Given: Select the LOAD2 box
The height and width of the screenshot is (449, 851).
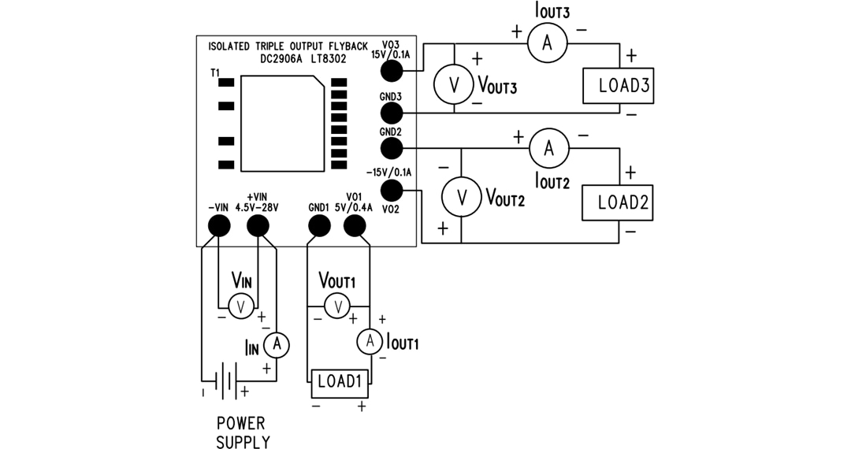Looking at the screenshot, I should [617, 202].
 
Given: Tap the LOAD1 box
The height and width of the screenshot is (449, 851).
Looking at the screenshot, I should [339, 384].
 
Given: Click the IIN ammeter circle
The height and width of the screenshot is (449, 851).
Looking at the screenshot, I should [276, 344].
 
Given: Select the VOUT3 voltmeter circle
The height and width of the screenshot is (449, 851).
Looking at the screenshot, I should [453, 87].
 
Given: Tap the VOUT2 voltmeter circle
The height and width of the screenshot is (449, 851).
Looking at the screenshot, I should [462, 199].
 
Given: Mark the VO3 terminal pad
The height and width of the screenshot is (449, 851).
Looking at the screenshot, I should [392, 71].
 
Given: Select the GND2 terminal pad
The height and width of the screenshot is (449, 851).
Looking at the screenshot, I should [392, 147].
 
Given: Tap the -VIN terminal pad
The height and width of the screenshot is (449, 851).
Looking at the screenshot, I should [218, 226].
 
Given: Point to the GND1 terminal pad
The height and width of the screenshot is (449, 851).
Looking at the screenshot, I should [318, 226].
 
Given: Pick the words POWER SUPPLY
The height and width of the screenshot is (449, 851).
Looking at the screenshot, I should [243, 432].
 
